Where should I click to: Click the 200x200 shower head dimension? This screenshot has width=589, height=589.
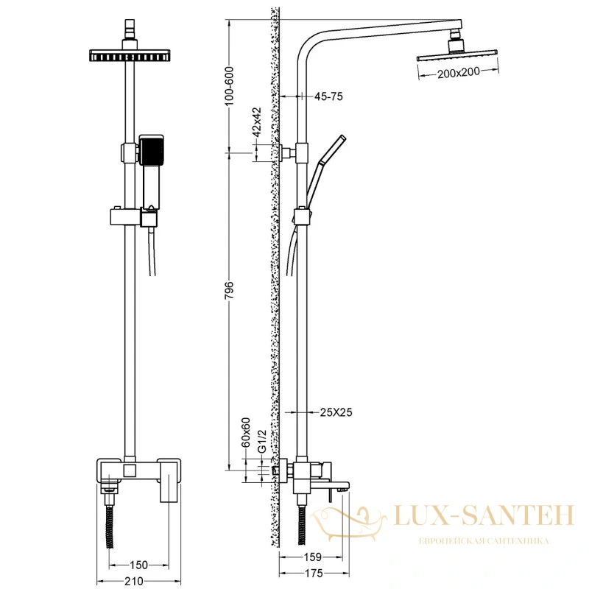point(458,72)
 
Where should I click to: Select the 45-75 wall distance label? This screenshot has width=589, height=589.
point(328,96)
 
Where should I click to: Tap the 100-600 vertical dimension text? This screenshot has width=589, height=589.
point(229,85)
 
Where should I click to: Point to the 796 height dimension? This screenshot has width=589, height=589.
point(229,290)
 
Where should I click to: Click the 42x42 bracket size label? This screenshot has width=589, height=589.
point(257,122)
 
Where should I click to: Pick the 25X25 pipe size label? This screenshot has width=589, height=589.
point(336,412)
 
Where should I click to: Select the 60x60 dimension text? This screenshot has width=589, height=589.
point(246,432)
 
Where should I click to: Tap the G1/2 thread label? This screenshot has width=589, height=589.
point(262,441)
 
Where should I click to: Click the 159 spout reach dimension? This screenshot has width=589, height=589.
point(312,557)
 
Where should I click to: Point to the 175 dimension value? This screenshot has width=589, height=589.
point(314,574)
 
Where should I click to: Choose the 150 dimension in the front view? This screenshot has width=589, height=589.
point(138,565)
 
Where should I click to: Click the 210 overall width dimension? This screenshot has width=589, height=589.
point(134,581)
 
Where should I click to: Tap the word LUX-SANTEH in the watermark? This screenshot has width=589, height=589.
point(484,515)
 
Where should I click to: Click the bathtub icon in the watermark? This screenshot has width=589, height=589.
point(348,523)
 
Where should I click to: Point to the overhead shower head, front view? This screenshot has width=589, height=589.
point(130,55)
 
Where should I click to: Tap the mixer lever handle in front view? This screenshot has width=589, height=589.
point(169,480)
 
